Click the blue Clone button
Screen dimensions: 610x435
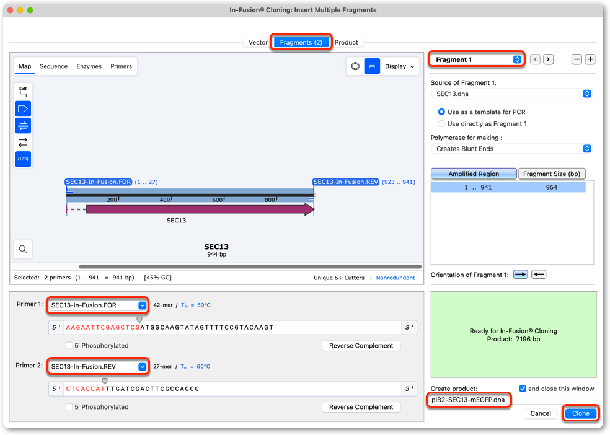pos(580,413)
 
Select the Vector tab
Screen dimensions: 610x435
pos(258,42)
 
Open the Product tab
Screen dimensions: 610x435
pos(347,42)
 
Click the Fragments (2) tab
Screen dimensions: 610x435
pos(301,42)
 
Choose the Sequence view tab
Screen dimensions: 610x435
pos(54,66)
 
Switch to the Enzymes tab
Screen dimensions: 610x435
pos(89,66)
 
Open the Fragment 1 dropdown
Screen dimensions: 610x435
pos(477,59)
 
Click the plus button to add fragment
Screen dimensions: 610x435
pos(590,59)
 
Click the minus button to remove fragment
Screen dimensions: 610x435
pos(577,59)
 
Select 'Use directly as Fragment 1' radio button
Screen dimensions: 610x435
pos(441,123)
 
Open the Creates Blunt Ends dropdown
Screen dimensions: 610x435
pos(511,149)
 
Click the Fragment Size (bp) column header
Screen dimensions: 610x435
pos(552,174)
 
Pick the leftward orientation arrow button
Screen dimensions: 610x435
pos(539,275)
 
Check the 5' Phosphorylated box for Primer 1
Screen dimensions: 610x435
pos(69,346)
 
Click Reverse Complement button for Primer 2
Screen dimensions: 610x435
pos(361,407)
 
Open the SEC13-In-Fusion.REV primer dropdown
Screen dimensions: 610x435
pos(99,367)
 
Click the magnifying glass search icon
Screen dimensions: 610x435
pos(23,249)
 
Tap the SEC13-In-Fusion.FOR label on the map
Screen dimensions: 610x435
pos(99,182)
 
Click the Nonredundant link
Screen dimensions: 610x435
pos(396,278)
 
